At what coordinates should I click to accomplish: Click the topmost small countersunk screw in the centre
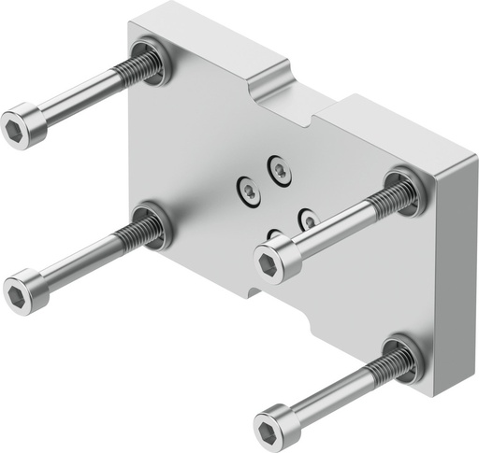(279, 169)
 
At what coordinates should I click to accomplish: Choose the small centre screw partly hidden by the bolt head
(273, 234)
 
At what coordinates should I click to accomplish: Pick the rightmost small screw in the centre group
(308, 219)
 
